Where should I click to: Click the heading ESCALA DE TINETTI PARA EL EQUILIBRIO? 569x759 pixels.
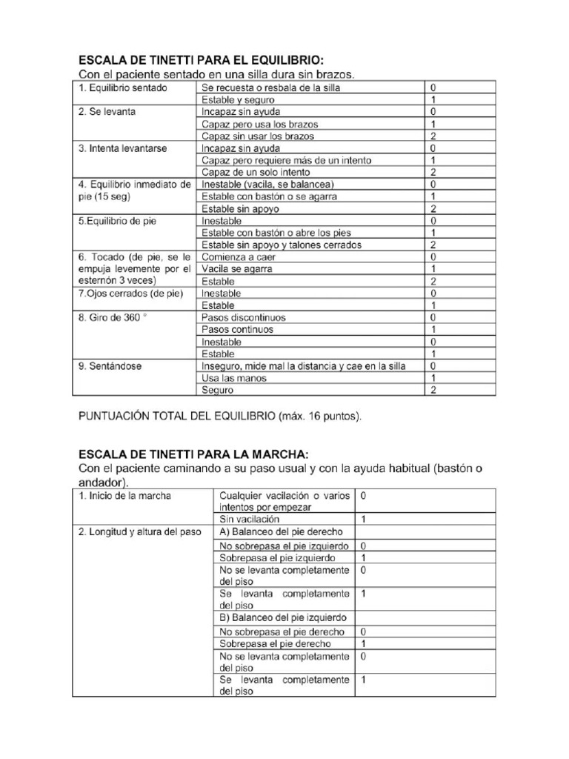[x=201, y=60]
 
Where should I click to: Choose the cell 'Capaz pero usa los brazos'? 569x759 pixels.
[x=259, y=124]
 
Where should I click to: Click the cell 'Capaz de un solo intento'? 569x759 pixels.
[x=256, y=172]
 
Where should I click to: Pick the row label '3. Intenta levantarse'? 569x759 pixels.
[x=122, y=148]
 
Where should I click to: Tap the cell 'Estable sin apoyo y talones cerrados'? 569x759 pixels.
[x=282, y=245]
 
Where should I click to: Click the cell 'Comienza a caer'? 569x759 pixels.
[x=237, y=256]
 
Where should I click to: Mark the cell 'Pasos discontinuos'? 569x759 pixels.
[x=243, y=317]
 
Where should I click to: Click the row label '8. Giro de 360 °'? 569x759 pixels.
[x=114, y=317]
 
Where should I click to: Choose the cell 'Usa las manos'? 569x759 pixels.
[x=233, y=378]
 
